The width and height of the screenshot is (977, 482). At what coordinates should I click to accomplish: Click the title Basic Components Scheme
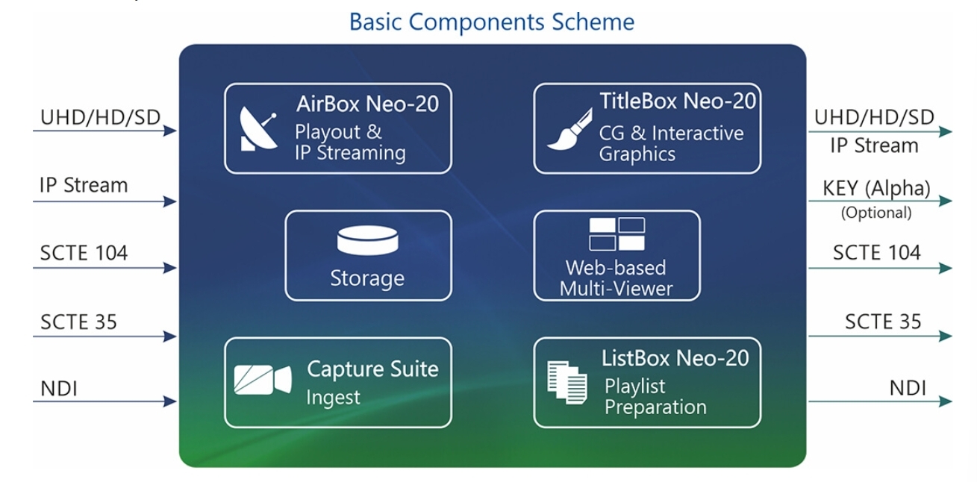[492, 22]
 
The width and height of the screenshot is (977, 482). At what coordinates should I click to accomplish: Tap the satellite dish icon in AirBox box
[258, 128]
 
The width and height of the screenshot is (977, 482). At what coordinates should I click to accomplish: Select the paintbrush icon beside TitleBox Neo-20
[569, 129]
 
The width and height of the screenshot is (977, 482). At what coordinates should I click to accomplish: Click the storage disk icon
[368, 240]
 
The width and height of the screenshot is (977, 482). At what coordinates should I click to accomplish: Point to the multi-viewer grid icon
[617, 234]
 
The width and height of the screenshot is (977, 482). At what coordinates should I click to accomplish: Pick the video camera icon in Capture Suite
[263, 380]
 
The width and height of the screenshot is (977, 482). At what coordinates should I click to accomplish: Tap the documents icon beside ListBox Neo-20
[567, 383]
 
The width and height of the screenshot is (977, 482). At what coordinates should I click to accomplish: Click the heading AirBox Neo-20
[367, 104]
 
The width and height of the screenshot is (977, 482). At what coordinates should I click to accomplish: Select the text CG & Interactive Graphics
[671, 143]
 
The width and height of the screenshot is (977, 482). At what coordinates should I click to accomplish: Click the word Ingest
[333, 398]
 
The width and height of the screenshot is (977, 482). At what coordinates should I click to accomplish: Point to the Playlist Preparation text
[655, 396]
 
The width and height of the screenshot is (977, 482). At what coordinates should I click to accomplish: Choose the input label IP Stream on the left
[84, 185]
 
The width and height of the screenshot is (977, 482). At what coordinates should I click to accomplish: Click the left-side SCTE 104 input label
[84, 253]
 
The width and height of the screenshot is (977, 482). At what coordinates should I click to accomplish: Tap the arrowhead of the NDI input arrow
[170, 401]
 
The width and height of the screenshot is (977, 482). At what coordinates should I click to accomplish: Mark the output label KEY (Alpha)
[876, 189]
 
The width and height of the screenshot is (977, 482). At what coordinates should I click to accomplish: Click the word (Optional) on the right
[876, 213]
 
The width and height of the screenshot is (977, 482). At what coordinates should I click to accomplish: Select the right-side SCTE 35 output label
[883, 322]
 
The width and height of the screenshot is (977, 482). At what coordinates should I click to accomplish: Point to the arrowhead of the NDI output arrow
[945, 401]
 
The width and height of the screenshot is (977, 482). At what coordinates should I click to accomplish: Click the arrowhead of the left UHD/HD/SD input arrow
[170, 131]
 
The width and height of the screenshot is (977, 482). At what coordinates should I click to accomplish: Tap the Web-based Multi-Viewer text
[616, 278]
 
